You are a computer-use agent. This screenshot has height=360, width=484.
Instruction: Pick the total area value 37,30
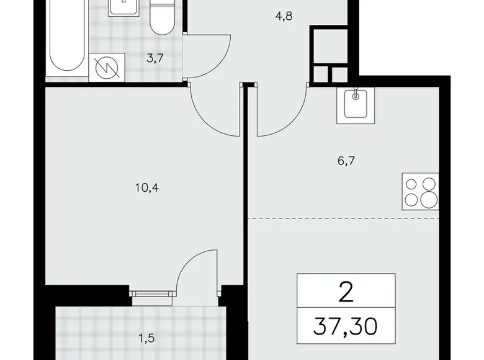tap(346, 325)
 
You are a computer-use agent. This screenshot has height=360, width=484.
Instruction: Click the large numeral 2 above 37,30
tap(346, 290)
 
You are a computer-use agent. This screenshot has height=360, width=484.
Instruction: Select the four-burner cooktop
tap(420, 191)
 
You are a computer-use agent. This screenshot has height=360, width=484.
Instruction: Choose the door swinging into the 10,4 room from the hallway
tap(215, 112)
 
